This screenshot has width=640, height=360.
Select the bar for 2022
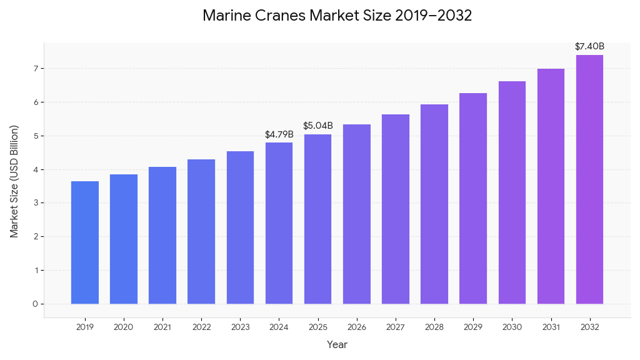tap(201, 232)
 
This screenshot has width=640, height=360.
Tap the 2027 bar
tap(396, 209)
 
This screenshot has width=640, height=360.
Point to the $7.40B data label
tap(589, 46)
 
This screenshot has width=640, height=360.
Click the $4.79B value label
tap(279, 134)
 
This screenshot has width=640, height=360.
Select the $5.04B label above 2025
tap(318, 126)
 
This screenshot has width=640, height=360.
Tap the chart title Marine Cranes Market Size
tap(337, 16)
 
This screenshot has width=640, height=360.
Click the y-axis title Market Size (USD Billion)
tap(14, 181)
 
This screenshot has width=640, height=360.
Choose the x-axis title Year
tap(337, 344)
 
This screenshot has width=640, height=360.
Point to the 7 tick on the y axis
tap(35, 68)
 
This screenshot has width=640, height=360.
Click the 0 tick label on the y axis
tap(35, 304)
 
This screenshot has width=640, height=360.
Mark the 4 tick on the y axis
tap(35, 169)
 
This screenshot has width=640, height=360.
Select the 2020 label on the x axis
tap(124, 327)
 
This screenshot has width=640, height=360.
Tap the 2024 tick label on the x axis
tap(279, 327)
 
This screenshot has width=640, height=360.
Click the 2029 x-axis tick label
tap(473, 327)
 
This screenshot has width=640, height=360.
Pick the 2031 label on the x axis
tap(551, 327)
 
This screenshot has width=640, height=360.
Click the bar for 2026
tap(357, 214)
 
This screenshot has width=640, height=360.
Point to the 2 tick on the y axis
tap(35, 236)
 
